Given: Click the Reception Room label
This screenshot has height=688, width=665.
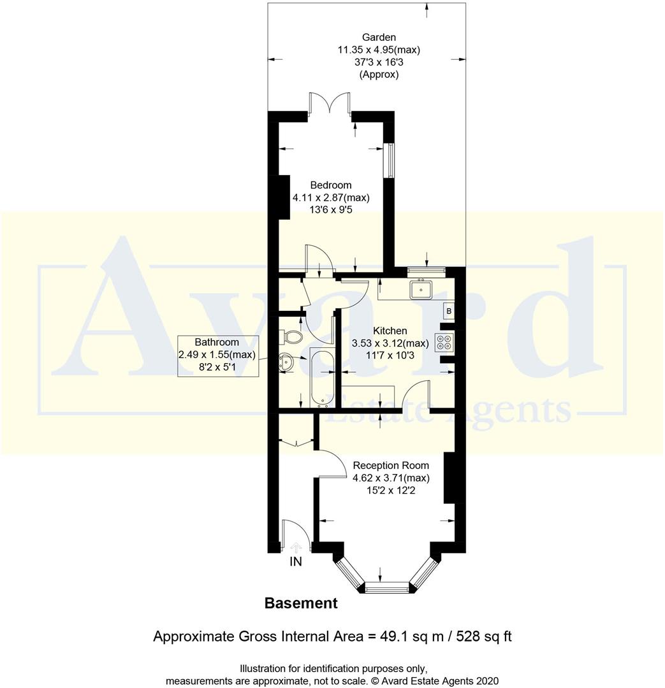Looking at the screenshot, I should tap(391, 465).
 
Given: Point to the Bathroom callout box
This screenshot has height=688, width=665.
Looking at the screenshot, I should tap(218, 355).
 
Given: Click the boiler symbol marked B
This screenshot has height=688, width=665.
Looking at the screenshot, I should tap(449, 312).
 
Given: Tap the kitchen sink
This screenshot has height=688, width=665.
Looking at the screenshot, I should tap(421, 290).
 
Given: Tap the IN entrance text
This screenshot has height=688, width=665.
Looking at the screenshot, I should tap(296, 562).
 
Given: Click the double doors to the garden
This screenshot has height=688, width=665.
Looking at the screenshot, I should tap(330, 104).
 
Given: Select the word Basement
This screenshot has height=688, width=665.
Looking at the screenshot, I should tap(300, 603).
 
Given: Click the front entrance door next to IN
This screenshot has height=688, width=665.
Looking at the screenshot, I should tap(296, 534).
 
